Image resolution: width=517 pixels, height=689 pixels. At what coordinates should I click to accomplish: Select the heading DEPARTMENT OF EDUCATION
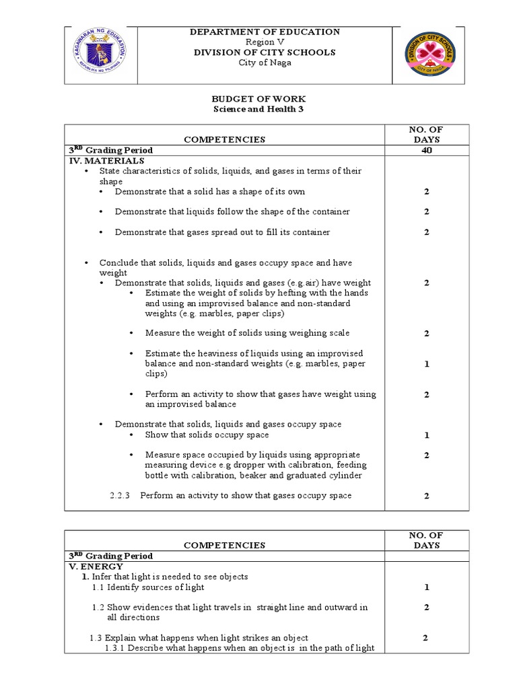click(x=265, y=32)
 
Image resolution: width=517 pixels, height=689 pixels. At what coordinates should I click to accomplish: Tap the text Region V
click(x=265, y=42)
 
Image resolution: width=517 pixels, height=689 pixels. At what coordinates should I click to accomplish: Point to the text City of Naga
click(x=265, y=63)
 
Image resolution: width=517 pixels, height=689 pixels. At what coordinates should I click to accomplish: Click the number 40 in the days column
click(x=426, y=150)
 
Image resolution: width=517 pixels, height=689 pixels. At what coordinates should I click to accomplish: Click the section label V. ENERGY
click(x=96, y=567)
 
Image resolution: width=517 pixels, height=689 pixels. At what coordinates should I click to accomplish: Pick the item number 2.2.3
click(x=122, y=496)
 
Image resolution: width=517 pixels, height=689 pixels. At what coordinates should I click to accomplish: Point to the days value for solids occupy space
click(x=426, y=435)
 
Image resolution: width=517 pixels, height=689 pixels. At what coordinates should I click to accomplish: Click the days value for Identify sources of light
click(x=426, y=587)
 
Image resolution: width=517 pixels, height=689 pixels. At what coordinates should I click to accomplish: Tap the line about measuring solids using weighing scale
click(x=247, y=333)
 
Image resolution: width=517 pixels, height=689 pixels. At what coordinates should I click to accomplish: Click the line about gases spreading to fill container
click(x=222, y=232)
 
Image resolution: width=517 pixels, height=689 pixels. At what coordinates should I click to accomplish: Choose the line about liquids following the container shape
click(x=232, y=211)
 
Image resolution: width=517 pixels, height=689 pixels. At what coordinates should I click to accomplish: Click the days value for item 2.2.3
click(x=426, y=496)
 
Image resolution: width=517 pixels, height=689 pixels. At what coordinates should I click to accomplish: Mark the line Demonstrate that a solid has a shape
click(x=210, y=191)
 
